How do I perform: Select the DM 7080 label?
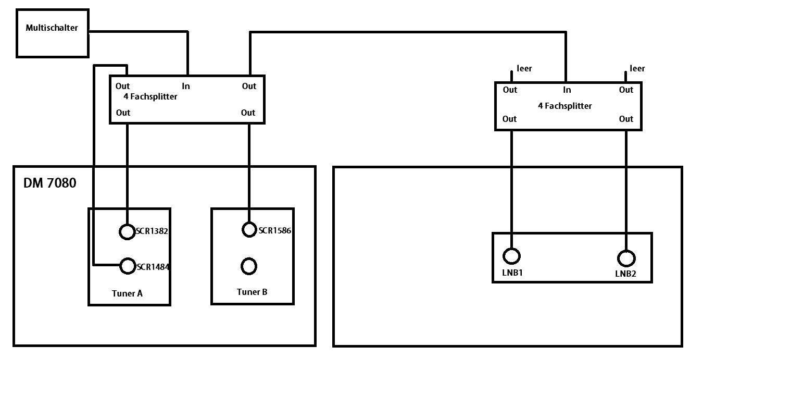click(x=49, y=183)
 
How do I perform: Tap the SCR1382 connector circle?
click(x=127, y=231)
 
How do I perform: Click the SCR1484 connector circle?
click(x=128, y=266)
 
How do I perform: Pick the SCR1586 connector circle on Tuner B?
click(x=249, y=229)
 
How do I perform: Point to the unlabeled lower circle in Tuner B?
click(x=249, y=266)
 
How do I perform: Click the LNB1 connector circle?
click(x=511, y=256)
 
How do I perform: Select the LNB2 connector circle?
click(x=626, y=258)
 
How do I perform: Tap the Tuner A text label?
click(x=127, y=293)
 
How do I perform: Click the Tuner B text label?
click(x=252, y=292)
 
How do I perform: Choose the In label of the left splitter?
click(x=186, y=86)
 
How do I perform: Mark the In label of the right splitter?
click(x=567, y=90)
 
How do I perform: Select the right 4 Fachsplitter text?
click(x=564, y=106)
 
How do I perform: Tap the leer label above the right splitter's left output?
click(x=524, y=68)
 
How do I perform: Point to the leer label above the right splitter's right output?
click(x=637, y=68)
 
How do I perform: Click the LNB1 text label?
click(x=512, y=272)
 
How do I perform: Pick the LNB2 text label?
click(x=625, y=274)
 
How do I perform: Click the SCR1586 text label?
click(x=274, y=230)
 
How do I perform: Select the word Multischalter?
click(x=52, y=28)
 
